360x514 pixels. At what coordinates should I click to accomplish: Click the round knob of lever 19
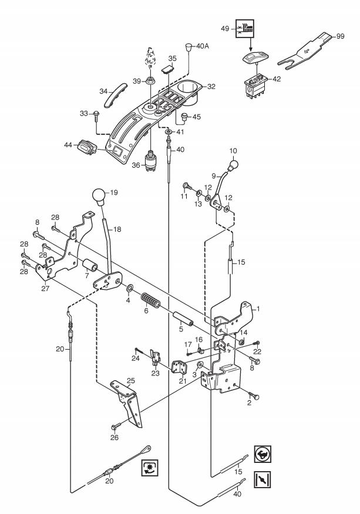click(99, 197)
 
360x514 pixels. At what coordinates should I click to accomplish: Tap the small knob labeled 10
click(233, 164)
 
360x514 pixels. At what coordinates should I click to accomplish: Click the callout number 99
click(340, 36)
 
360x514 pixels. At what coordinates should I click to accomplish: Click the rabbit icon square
click(263, 454)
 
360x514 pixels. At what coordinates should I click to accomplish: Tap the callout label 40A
click(203, 46)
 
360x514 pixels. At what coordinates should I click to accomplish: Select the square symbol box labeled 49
click(245, 29)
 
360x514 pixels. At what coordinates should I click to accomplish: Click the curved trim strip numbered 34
click(115, 94)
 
